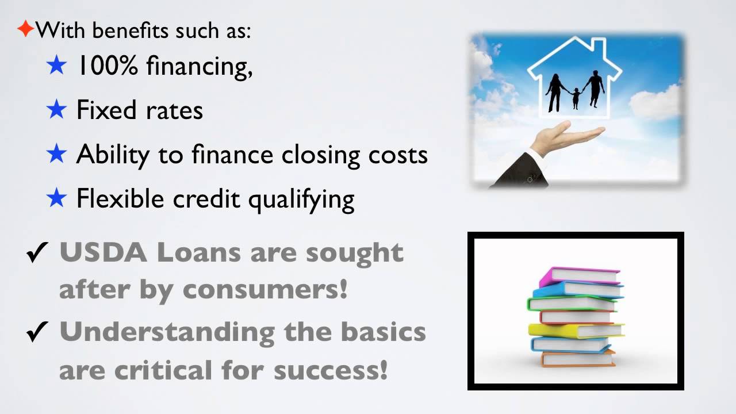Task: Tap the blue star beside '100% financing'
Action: pos(57,66)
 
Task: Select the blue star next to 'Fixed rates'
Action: pos(57,110)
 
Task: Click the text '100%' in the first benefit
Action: pos(108,67)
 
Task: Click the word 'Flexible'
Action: pos(122,198)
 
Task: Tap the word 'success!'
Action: pos(330,370)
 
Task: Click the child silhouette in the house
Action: pos(576,98)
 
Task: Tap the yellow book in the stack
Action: pos(575,330)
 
